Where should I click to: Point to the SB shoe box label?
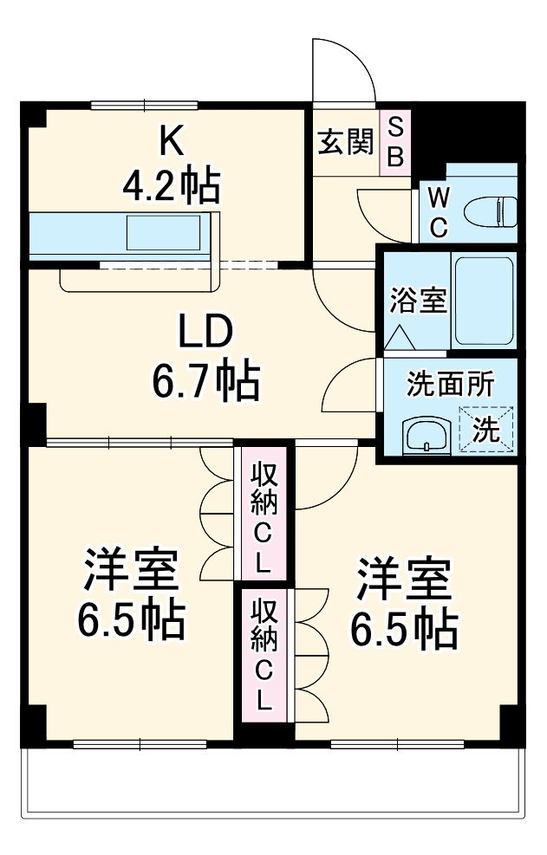click(x=394, y=142)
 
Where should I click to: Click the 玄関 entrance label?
click(x=345, y=142)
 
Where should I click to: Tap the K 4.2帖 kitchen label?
click(x=169, y=165)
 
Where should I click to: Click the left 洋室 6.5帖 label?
click(x=131, y=593)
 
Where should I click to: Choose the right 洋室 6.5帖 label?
click(x=404, y=604)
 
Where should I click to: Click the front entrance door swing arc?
click(x=347, y=69)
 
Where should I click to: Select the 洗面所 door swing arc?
click(x=351, y=390)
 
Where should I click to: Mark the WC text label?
click(x=439, y=212)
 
